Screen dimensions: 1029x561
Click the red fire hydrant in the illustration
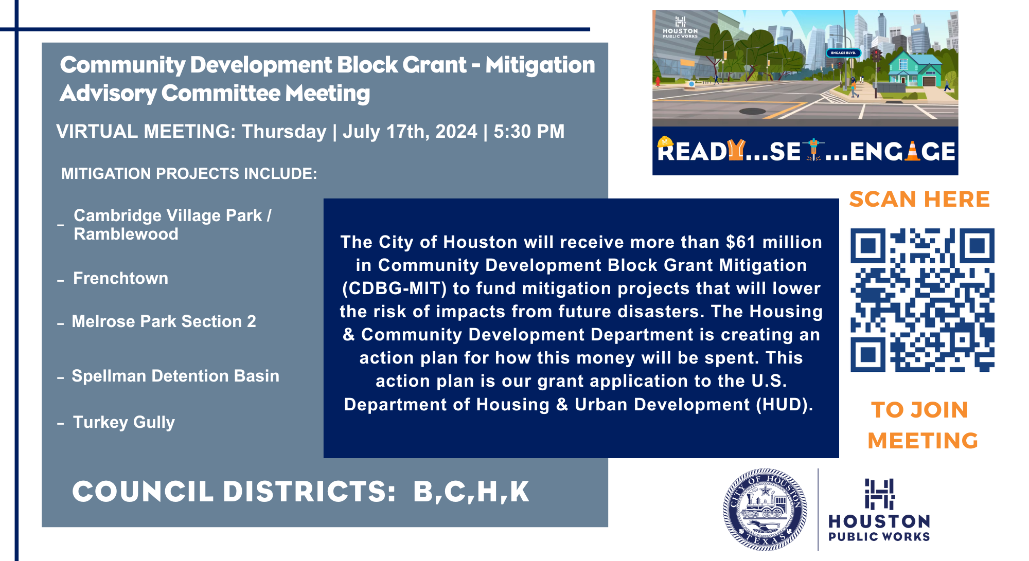tap(657, 82)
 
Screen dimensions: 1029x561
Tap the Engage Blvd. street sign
tap(843, 52)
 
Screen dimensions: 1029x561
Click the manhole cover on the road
tap(753, 111)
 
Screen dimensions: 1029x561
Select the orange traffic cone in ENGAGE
tap(912, 151)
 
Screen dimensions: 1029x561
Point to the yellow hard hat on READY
tap(665, 141)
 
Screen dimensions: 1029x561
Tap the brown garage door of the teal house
tap(929, 81)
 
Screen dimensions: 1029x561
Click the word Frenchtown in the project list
tap(121, 278)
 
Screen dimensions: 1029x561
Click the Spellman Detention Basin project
tap(175, 376)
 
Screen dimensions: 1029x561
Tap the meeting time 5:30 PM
tap(529, 132)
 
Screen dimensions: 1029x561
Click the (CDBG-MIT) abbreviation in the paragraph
tap(395, 288)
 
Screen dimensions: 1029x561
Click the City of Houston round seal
tap(765, 510)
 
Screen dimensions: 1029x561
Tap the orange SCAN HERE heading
tap(919, 199)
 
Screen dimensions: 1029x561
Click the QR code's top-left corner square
tap(868, 246)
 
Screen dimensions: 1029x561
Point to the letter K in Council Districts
tap(519, 492)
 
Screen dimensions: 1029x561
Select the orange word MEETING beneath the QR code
tap(923, 441)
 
